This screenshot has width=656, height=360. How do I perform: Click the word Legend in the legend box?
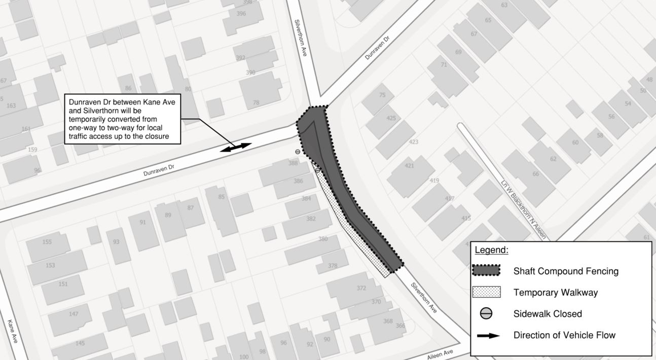click(491, 250)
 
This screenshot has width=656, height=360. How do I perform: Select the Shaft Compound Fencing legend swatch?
click(486, 271)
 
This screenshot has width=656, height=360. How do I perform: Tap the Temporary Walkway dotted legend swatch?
click(486, 293)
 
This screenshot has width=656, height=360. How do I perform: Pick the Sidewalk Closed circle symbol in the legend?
click(486, 314)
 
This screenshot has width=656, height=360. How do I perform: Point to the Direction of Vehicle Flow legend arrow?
click(486, 335)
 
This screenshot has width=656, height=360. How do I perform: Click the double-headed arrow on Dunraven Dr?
click(236, 148)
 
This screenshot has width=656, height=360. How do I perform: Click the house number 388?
click(293, 163)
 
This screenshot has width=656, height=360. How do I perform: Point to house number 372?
click(361, 288)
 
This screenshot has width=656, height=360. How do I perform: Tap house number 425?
click(391, 118)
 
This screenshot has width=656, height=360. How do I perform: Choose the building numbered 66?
click(536, 174)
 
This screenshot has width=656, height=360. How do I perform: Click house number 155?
click(47, 242)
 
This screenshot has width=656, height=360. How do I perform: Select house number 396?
click(241, 14)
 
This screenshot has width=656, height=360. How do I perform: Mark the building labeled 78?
click(256, 102)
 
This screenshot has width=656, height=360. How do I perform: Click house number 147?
click(74, 314)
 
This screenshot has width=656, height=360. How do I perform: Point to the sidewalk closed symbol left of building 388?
click(298, 151)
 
